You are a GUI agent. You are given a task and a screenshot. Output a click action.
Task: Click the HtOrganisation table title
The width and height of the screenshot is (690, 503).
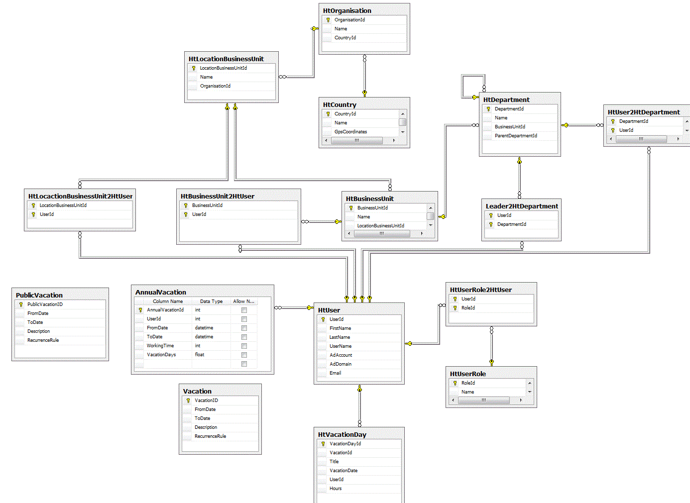347,10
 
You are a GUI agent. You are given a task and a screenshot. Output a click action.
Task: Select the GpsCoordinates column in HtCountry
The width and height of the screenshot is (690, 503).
350,132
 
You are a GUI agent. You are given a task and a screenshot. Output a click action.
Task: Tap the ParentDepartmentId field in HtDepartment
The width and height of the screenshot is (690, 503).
516,136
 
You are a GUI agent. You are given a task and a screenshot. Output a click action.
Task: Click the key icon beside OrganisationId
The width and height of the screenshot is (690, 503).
328,20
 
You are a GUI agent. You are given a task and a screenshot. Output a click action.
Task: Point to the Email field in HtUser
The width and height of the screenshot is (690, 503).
335,373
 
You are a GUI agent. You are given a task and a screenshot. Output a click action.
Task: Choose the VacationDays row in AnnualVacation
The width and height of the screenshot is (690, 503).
161,355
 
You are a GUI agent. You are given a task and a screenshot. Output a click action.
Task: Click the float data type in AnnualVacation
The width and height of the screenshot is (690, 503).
200,355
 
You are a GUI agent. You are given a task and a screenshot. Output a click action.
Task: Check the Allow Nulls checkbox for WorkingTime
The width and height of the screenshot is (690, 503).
244,346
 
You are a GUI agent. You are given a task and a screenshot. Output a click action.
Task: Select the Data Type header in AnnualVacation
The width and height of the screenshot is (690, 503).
211,302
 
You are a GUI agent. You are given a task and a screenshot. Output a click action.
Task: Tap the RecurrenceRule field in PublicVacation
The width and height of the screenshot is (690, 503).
43,340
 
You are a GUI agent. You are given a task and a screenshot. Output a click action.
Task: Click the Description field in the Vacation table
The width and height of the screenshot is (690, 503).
206,427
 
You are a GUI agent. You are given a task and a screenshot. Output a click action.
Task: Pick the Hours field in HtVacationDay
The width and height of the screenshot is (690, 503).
336,489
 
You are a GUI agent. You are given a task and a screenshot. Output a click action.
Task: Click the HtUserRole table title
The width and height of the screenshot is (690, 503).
467,374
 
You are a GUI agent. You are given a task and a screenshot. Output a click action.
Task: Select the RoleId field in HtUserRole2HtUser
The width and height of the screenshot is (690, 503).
468,308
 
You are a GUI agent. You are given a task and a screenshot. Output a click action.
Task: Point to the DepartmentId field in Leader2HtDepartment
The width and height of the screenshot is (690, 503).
511,224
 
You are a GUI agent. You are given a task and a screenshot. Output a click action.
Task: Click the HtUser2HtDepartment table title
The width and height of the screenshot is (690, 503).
643,112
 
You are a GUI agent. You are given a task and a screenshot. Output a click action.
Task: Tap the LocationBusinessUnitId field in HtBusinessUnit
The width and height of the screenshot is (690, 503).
380,226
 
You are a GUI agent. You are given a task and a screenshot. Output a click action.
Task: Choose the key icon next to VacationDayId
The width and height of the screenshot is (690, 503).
323,444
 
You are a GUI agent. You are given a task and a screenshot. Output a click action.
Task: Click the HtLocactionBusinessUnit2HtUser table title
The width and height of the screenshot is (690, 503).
80,196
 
